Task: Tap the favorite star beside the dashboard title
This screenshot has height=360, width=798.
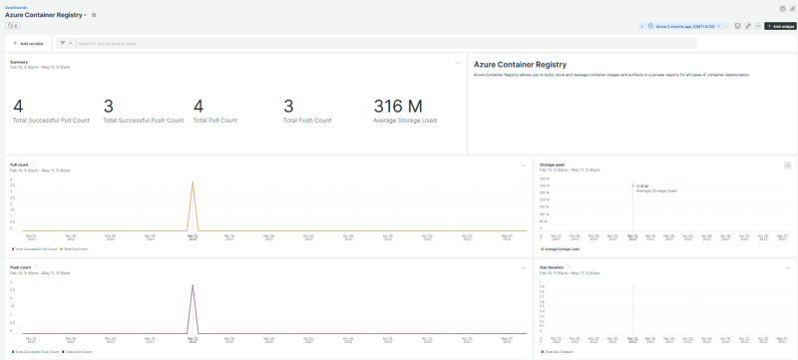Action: [94, 15]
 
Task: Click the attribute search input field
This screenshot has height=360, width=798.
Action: [199, 43]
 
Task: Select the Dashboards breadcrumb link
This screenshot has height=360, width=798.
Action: [16, 6]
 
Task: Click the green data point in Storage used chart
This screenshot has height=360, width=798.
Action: [632, 185]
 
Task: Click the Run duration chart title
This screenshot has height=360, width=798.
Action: [552, 267]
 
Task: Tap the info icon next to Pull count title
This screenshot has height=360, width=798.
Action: [33, 164]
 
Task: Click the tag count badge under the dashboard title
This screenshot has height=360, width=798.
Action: [13, 26]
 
